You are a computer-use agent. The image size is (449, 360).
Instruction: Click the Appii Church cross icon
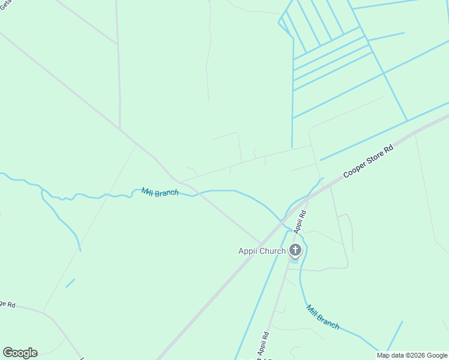pyautogui.click(x=295, y=250)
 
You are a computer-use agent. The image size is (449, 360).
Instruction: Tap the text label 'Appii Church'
pyautogui.click(x=262, y=251)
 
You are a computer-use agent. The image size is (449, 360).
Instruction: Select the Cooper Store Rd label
pyautogui.click(x=367, y=160)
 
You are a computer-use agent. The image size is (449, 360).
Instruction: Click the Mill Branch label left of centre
pyautogui.click(x=160, y=193)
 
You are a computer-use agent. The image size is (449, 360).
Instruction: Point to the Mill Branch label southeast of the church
pyautogui.click(x=323, y=317)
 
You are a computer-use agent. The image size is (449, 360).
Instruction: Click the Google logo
pyautogui.click(x=20, y=353)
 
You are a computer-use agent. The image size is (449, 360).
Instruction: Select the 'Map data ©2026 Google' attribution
pyautogui.click(x=412, y=355)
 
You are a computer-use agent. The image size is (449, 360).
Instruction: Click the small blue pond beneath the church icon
pyautogui.click(x=294, y=260)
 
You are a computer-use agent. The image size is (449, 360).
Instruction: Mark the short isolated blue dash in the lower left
pyautogui.click(x=70, y=283)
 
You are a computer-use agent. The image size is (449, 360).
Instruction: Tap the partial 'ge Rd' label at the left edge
pyautogui.click(x=7, y=302)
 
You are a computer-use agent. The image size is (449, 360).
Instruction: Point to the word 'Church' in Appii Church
pyautogui.click(x=273, y=251)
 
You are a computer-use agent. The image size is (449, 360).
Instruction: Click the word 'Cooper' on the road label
pyautogui.click(x=353, y=169)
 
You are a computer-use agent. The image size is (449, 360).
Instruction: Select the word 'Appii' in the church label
pyautogui.click(x=249, y=251)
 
